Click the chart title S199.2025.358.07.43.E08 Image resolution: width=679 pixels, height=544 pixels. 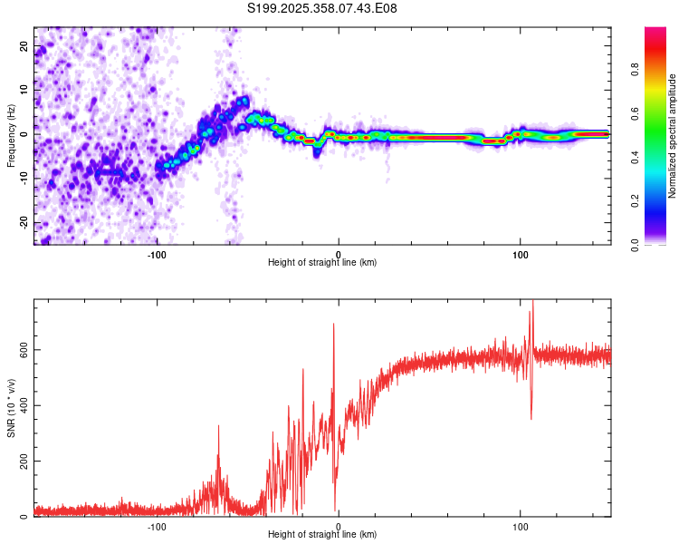tap(322, 8)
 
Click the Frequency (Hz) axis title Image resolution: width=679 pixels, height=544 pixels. tap(11, 135)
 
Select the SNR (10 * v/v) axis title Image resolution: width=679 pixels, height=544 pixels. tap(11, 407)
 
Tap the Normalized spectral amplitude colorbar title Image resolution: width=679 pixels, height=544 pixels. tap(672, 135)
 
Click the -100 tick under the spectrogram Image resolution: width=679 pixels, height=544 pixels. tap(157, 254)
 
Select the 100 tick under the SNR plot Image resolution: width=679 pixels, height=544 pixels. tap(521, 526)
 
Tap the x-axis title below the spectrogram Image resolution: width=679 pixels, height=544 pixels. tap(322, 263)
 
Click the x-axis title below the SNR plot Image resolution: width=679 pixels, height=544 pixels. tap(322, 535)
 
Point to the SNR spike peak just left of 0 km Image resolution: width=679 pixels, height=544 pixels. tap(333, 324)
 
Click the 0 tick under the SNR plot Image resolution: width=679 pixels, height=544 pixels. tap(339, 526)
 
